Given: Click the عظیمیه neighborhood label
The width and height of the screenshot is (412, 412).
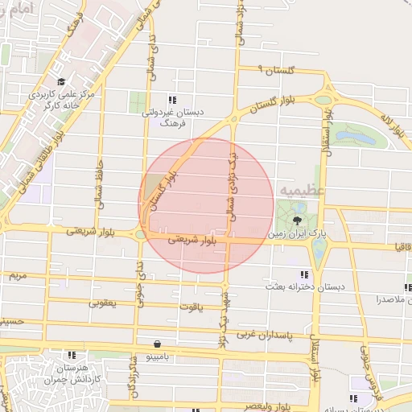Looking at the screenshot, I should tap(302, 190).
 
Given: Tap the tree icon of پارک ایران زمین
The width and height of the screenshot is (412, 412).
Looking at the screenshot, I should tap(298, 219).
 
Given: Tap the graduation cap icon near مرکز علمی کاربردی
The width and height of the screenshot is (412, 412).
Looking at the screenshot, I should tap(61, 81).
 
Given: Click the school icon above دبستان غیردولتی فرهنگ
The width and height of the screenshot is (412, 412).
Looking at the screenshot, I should tap(172, 100).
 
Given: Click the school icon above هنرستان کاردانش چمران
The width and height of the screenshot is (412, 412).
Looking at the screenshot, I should tap(72, 354).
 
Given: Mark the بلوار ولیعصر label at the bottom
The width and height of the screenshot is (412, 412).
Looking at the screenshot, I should tap(261, 406).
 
